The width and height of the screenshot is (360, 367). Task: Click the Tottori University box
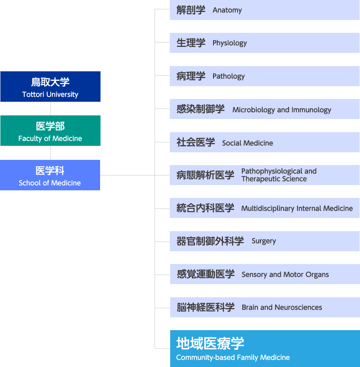(50, 87)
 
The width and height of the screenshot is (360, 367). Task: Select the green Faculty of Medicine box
(50, 131)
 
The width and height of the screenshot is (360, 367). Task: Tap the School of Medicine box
(50, 175)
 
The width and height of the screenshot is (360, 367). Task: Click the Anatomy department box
(264, 10)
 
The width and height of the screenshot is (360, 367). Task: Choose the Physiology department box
(264, 43)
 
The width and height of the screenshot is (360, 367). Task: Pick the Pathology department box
(264, 76)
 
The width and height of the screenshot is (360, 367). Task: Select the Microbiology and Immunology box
(264, 109)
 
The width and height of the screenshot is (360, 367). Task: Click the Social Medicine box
(264, 142)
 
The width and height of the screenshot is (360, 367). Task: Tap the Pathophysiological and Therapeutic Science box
(264, 175)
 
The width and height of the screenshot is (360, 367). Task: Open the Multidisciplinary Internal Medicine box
(264, 208)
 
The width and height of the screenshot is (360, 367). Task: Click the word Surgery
(263, 241)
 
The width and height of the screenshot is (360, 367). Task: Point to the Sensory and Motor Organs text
(285, 274)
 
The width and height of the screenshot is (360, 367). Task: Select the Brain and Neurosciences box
(264, 307)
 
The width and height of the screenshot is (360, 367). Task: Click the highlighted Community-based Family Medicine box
(264, 348)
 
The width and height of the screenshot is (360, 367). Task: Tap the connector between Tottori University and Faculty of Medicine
(50, 108)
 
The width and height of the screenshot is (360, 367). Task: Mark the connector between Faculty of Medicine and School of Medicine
(50, 153)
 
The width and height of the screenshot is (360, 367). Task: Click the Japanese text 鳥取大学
(50, 82)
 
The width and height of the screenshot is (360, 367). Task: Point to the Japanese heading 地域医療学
(210, 343)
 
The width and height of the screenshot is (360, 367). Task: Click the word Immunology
(311, 110)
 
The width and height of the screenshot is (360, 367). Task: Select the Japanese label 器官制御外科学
(210, 241)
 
